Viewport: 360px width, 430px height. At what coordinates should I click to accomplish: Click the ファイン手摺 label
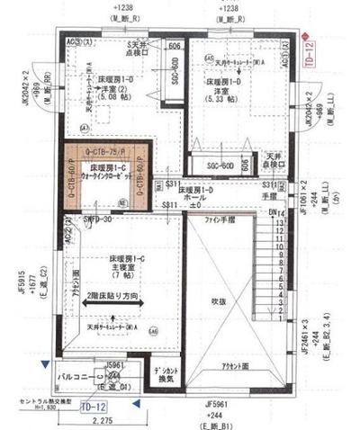[x=219, y=219]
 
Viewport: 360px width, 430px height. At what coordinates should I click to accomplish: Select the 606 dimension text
[x=175, y=46]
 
